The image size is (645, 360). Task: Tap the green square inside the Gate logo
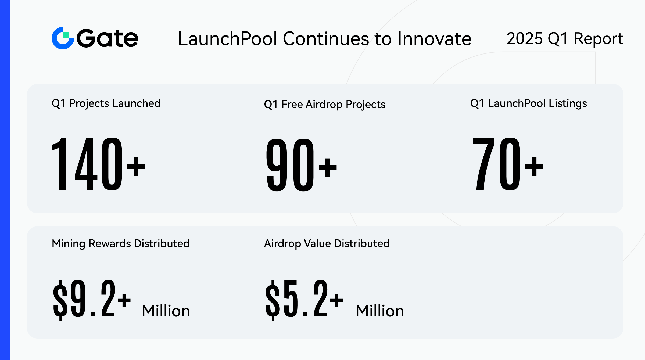pyautogui.click(x=66, y=35)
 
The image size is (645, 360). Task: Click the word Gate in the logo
pyautogui.click(x=107, y=38)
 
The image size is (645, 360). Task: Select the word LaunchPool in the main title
pyautogui.click(x=227, y=39)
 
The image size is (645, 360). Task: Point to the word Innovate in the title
pyautogui.click(x=434, y=39)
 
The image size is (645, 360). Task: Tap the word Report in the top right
pyautogui.click(x=598, y=39)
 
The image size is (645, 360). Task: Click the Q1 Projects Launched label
pyautogui.click(x=106, y=103)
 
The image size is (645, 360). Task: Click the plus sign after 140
pyautogui.click(x=136, y=167)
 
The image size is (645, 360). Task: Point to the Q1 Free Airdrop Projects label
pyautogui.click(x=325, y=105)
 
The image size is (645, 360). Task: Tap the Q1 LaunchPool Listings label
pyautogui.click(x=529, y=103)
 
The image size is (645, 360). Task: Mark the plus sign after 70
pyautogui.click(x=534, y=167)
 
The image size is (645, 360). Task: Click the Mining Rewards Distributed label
pyautogui.click(x=121, y=244)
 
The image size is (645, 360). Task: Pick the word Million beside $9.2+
pyautogui.click(x=166, y=311)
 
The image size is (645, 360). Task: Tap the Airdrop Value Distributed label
pyautogui.click(x=327, y=244)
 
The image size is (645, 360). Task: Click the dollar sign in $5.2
pyautogui.click(x=273, y=300)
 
